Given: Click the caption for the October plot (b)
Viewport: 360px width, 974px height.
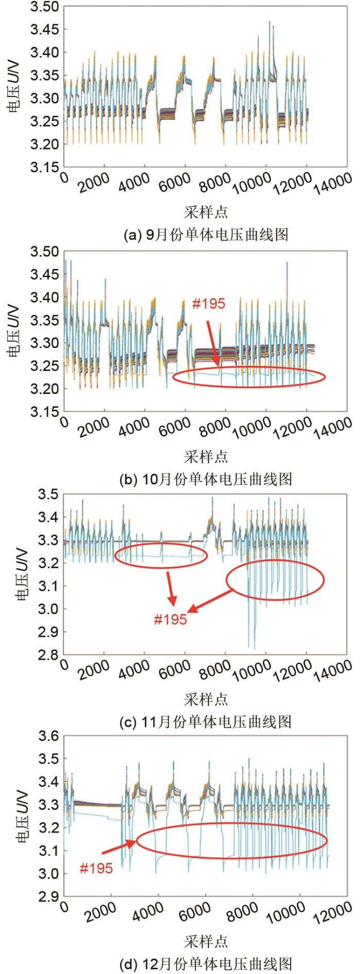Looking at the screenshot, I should (x=206, y=479).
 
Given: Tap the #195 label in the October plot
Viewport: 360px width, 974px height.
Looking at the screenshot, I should (x=208, y=304).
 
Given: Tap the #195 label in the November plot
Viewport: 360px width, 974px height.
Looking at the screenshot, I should (x=170, y=619).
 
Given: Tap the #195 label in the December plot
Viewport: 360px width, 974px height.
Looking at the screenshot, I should (x=96, y=869).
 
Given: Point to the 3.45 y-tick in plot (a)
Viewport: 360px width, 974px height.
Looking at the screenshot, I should (x=45, y=30).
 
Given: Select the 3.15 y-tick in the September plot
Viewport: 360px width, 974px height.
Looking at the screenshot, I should (x=45, y=167).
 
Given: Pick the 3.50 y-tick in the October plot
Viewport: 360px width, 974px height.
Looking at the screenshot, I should (x=45, y=252).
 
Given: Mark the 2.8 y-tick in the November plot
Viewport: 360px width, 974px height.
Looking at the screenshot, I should (x=49, y=655).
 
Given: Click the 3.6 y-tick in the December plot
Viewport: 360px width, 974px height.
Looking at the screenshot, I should (x=49, y=736).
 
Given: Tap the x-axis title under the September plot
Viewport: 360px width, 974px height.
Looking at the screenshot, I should (x=206, y=212).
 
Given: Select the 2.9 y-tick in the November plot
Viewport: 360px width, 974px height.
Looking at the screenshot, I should (x=49, y=632).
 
